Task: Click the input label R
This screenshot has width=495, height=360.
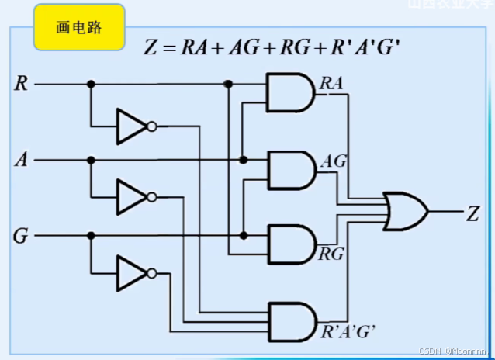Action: click(x=22, y=84)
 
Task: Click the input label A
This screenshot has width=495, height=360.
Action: click(x=22, y=161)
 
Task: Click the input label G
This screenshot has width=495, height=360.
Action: click(x=21, y=236)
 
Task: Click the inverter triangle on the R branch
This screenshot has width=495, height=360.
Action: click(x=130, y=126)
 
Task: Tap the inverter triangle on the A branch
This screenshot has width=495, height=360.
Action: click(x=130, y=197)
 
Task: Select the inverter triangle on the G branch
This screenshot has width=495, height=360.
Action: click(x=130, y=273)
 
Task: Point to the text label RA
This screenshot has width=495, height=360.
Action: click(x=331, y=82)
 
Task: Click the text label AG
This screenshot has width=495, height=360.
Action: click(x=334, y=161)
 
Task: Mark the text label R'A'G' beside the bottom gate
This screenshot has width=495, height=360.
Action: click(x=348, y=332)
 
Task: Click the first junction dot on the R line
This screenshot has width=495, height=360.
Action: click(x=91, y=84)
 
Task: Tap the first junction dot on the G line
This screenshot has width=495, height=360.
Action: click(x=91, y=236)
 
